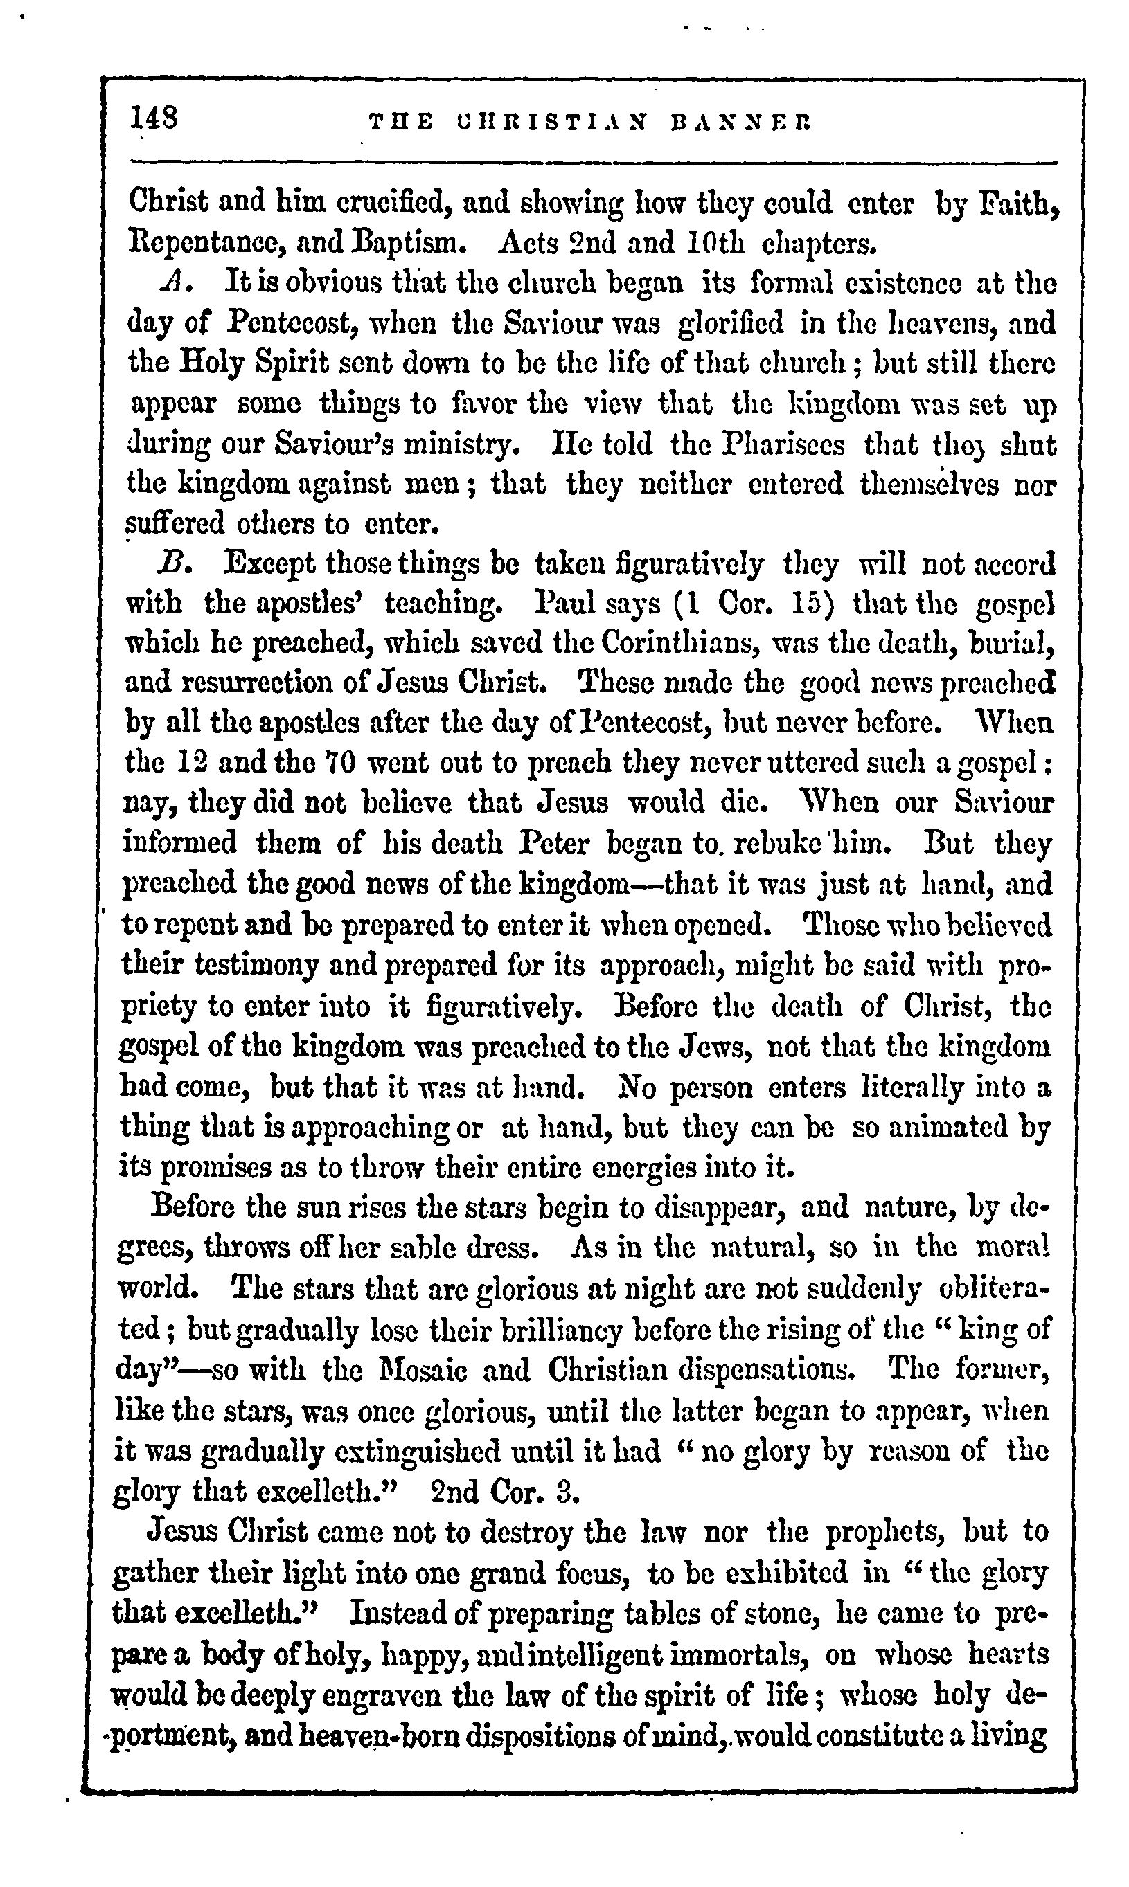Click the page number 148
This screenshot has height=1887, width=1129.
[154, 118]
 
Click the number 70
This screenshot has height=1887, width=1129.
[339, 763]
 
